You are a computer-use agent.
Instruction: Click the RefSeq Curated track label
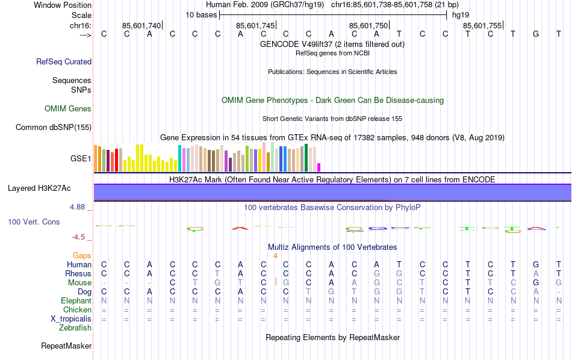(x=64, y=61)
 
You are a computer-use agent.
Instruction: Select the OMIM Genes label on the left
(x=68, y=109)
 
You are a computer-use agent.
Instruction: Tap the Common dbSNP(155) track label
(x=54, y=127)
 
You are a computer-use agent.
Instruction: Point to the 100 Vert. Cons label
(x=34, y=222)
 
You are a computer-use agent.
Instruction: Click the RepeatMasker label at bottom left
(x=66, y=346)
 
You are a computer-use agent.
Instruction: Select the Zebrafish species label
(x=75, y=328)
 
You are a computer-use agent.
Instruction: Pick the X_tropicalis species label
(x=70, y=319)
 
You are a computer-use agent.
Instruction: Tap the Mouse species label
(x=79, y=282)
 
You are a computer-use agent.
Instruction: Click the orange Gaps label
(x=82, y=256)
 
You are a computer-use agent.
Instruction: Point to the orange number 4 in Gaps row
(x=275, y=256)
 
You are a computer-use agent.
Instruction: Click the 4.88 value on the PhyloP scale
(x=79, y=207)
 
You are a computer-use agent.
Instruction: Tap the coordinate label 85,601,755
(x=482, y=26)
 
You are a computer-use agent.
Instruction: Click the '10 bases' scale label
(x=201, y=14)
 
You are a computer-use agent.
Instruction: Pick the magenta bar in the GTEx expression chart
(x=319, y=167)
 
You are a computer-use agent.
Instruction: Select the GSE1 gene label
(x=81, y=159)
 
